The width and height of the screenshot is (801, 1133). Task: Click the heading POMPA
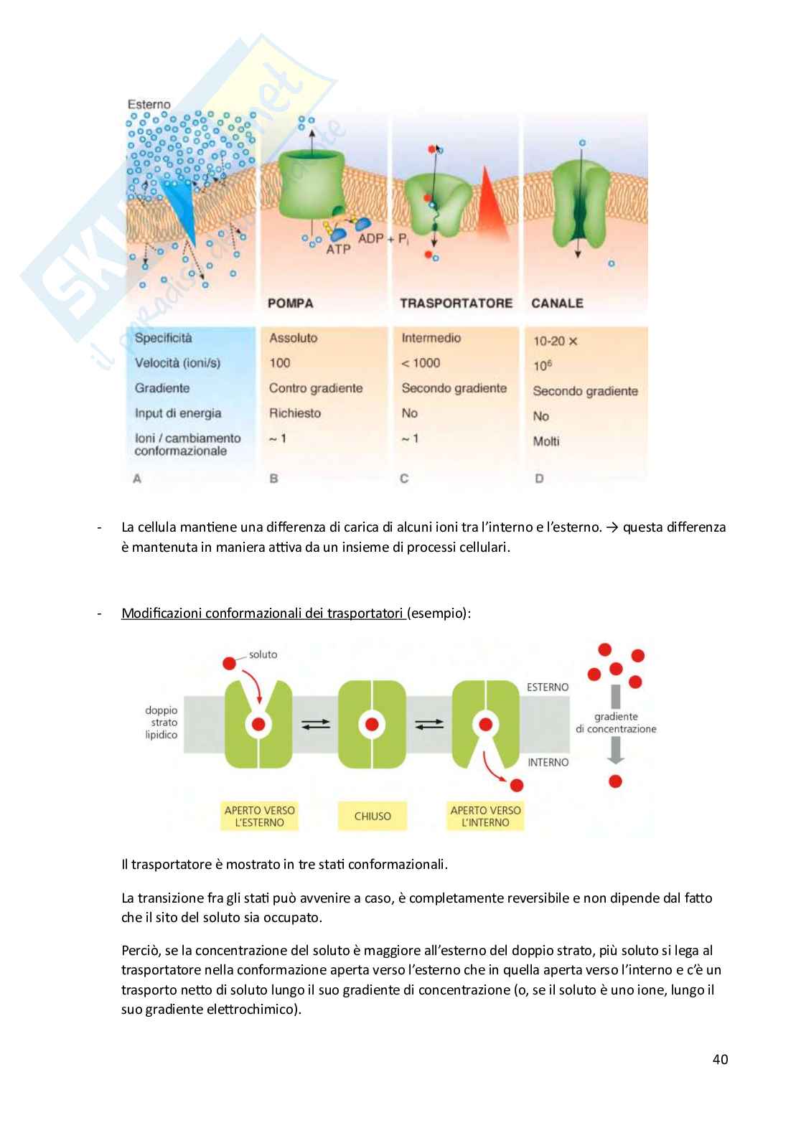coord(290,304)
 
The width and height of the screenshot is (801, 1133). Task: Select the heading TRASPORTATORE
coord(456,304)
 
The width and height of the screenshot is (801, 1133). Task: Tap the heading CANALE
coord(557,304)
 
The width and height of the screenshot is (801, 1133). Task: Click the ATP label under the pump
coord(338,250)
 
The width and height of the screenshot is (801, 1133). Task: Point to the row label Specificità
coord(164,338)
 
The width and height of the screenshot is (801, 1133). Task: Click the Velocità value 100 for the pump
coord(279,363)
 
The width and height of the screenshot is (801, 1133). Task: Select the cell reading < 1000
coord(421,363)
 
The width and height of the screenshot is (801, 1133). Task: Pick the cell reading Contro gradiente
coord(316,388)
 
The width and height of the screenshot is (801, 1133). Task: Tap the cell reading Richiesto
coord(295,413)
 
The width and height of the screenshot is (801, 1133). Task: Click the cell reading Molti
coord(546,441)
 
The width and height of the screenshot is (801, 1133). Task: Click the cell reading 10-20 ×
coord(555,342)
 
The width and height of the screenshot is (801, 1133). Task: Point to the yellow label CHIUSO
coord(373,817)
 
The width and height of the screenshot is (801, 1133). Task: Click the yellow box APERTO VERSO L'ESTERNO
coord(260,817)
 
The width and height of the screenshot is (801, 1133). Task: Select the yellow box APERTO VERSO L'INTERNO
coord(486,817)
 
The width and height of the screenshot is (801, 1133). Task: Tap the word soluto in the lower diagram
coord(263,654)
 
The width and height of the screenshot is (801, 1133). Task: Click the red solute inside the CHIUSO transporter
coord(372,724)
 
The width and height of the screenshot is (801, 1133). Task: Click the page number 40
coord(720,1059)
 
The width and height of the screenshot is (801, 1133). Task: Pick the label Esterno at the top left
coord(149,105)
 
